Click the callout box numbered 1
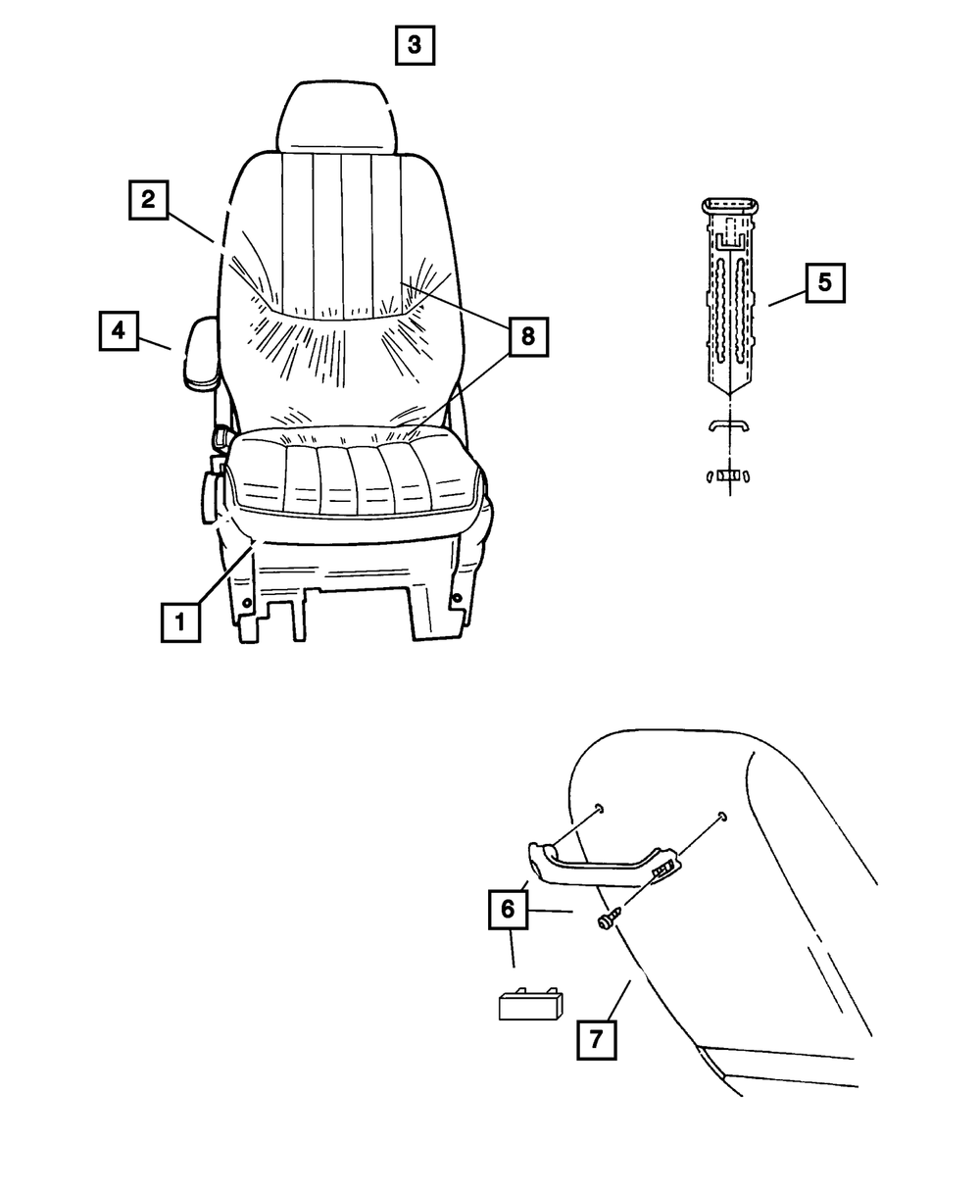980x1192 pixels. [181, 621]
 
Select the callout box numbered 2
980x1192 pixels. [147, 200]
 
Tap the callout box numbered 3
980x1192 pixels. [415, 45]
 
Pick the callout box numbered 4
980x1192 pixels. [118, 330]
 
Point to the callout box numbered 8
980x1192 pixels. [527, 336]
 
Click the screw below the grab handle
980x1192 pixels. [605, 920]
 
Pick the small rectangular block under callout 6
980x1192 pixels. [530, 1004]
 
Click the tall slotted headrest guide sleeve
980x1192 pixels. [731, 294]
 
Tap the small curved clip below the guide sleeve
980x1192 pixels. [730, 424]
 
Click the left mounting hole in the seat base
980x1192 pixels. [246, 600]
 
